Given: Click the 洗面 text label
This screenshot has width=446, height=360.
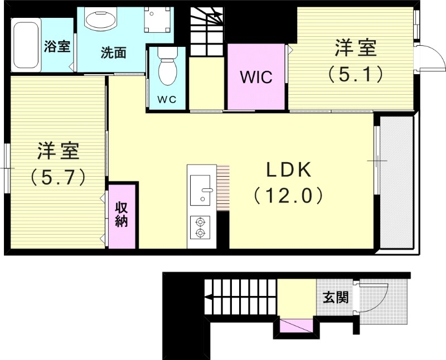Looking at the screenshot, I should click(113, 53).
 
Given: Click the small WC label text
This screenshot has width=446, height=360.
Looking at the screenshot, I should click(167, 100).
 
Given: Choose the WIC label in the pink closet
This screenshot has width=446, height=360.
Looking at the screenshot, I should click(256, 77).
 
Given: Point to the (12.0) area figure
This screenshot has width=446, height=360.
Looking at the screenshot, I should click(288, 195).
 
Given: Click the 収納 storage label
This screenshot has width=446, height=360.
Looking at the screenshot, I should click(122, 214).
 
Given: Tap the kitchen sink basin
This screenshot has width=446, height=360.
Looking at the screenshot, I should click(200, 190).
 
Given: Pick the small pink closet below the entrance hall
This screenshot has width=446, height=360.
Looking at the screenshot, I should click(296, 325).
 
